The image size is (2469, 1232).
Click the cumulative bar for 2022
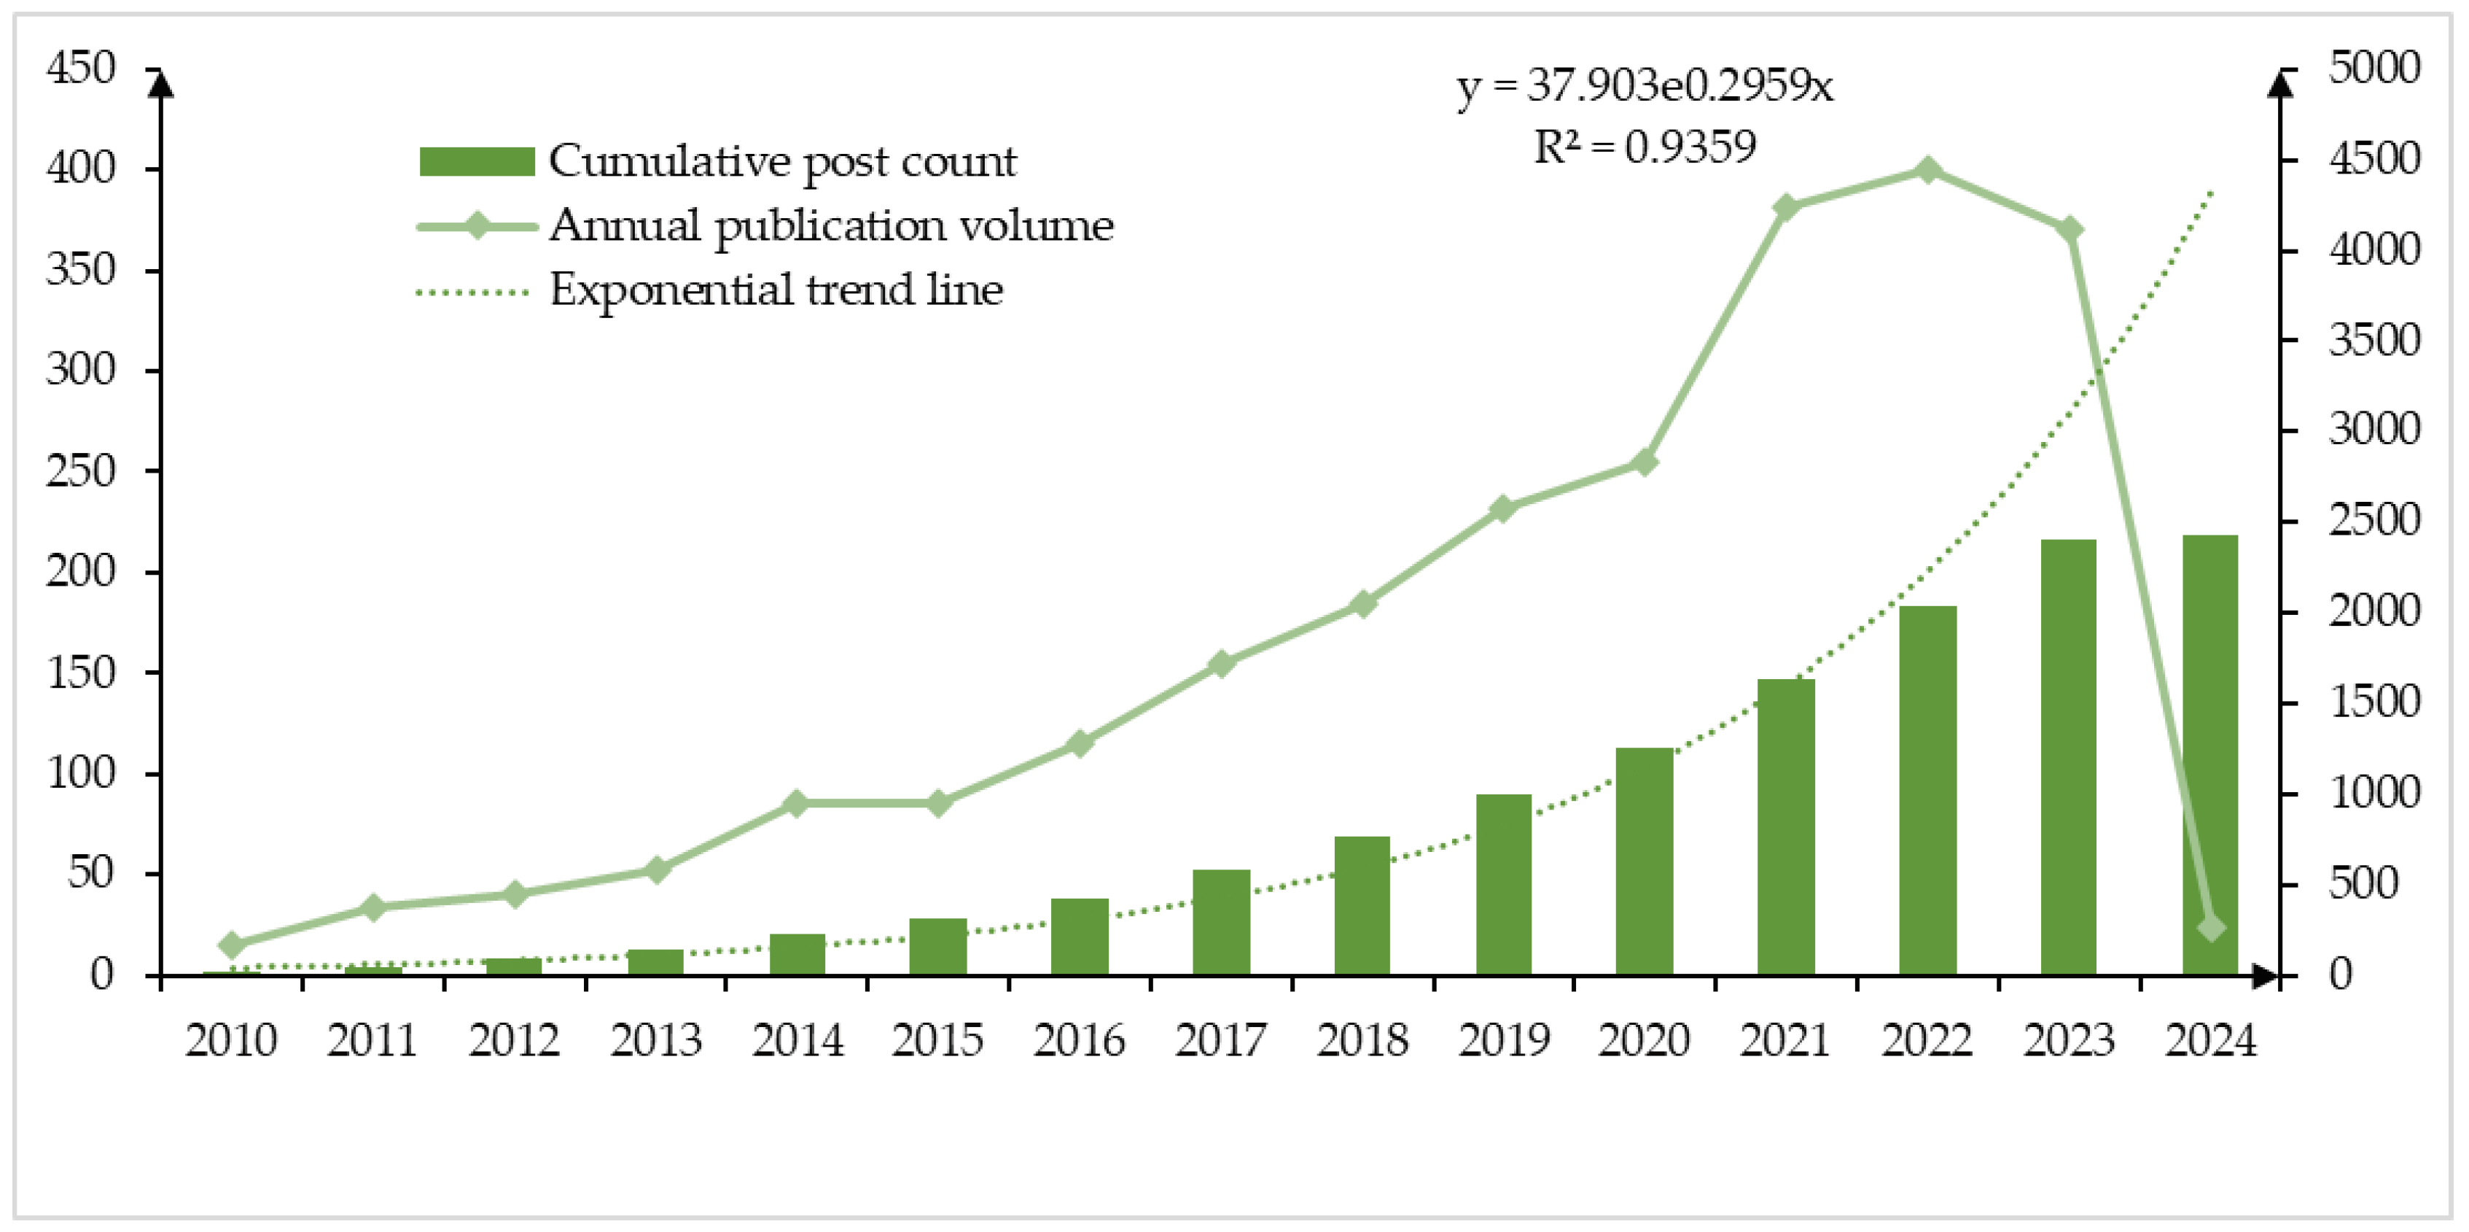1927,791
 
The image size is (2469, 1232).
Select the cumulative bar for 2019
1503,884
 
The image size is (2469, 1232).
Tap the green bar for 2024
2209,756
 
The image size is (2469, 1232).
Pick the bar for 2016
1079,937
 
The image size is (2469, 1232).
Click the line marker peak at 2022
1928,171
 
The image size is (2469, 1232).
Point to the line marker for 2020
1645,463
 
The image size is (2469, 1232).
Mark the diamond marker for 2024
2211,928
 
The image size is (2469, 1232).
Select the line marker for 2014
795,803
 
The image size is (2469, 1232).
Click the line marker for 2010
231,945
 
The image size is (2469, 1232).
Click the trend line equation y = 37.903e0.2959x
1644,86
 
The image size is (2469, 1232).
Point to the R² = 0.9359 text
1644,147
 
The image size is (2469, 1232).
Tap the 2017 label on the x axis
1220,1040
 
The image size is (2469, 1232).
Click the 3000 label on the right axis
2374,430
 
